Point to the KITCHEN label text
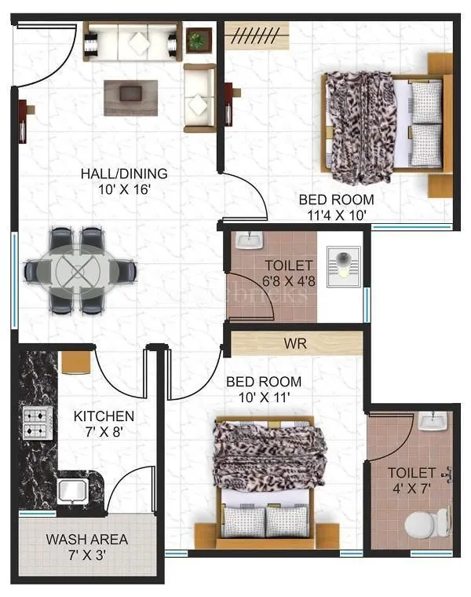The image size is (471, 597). pos(104,416)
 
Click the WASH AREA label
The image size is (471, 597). pos(86,540)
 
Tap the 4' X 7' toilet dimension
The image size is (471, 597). pos(411,489)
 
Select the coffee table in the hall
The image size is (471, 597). pos(130,92)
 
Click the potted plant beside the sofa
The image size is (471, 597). pos(199,38)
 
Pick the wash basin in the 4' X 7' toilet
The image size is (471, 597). pos(431,424)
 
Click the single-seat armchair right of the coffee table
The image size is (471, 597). pos(199,97)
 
